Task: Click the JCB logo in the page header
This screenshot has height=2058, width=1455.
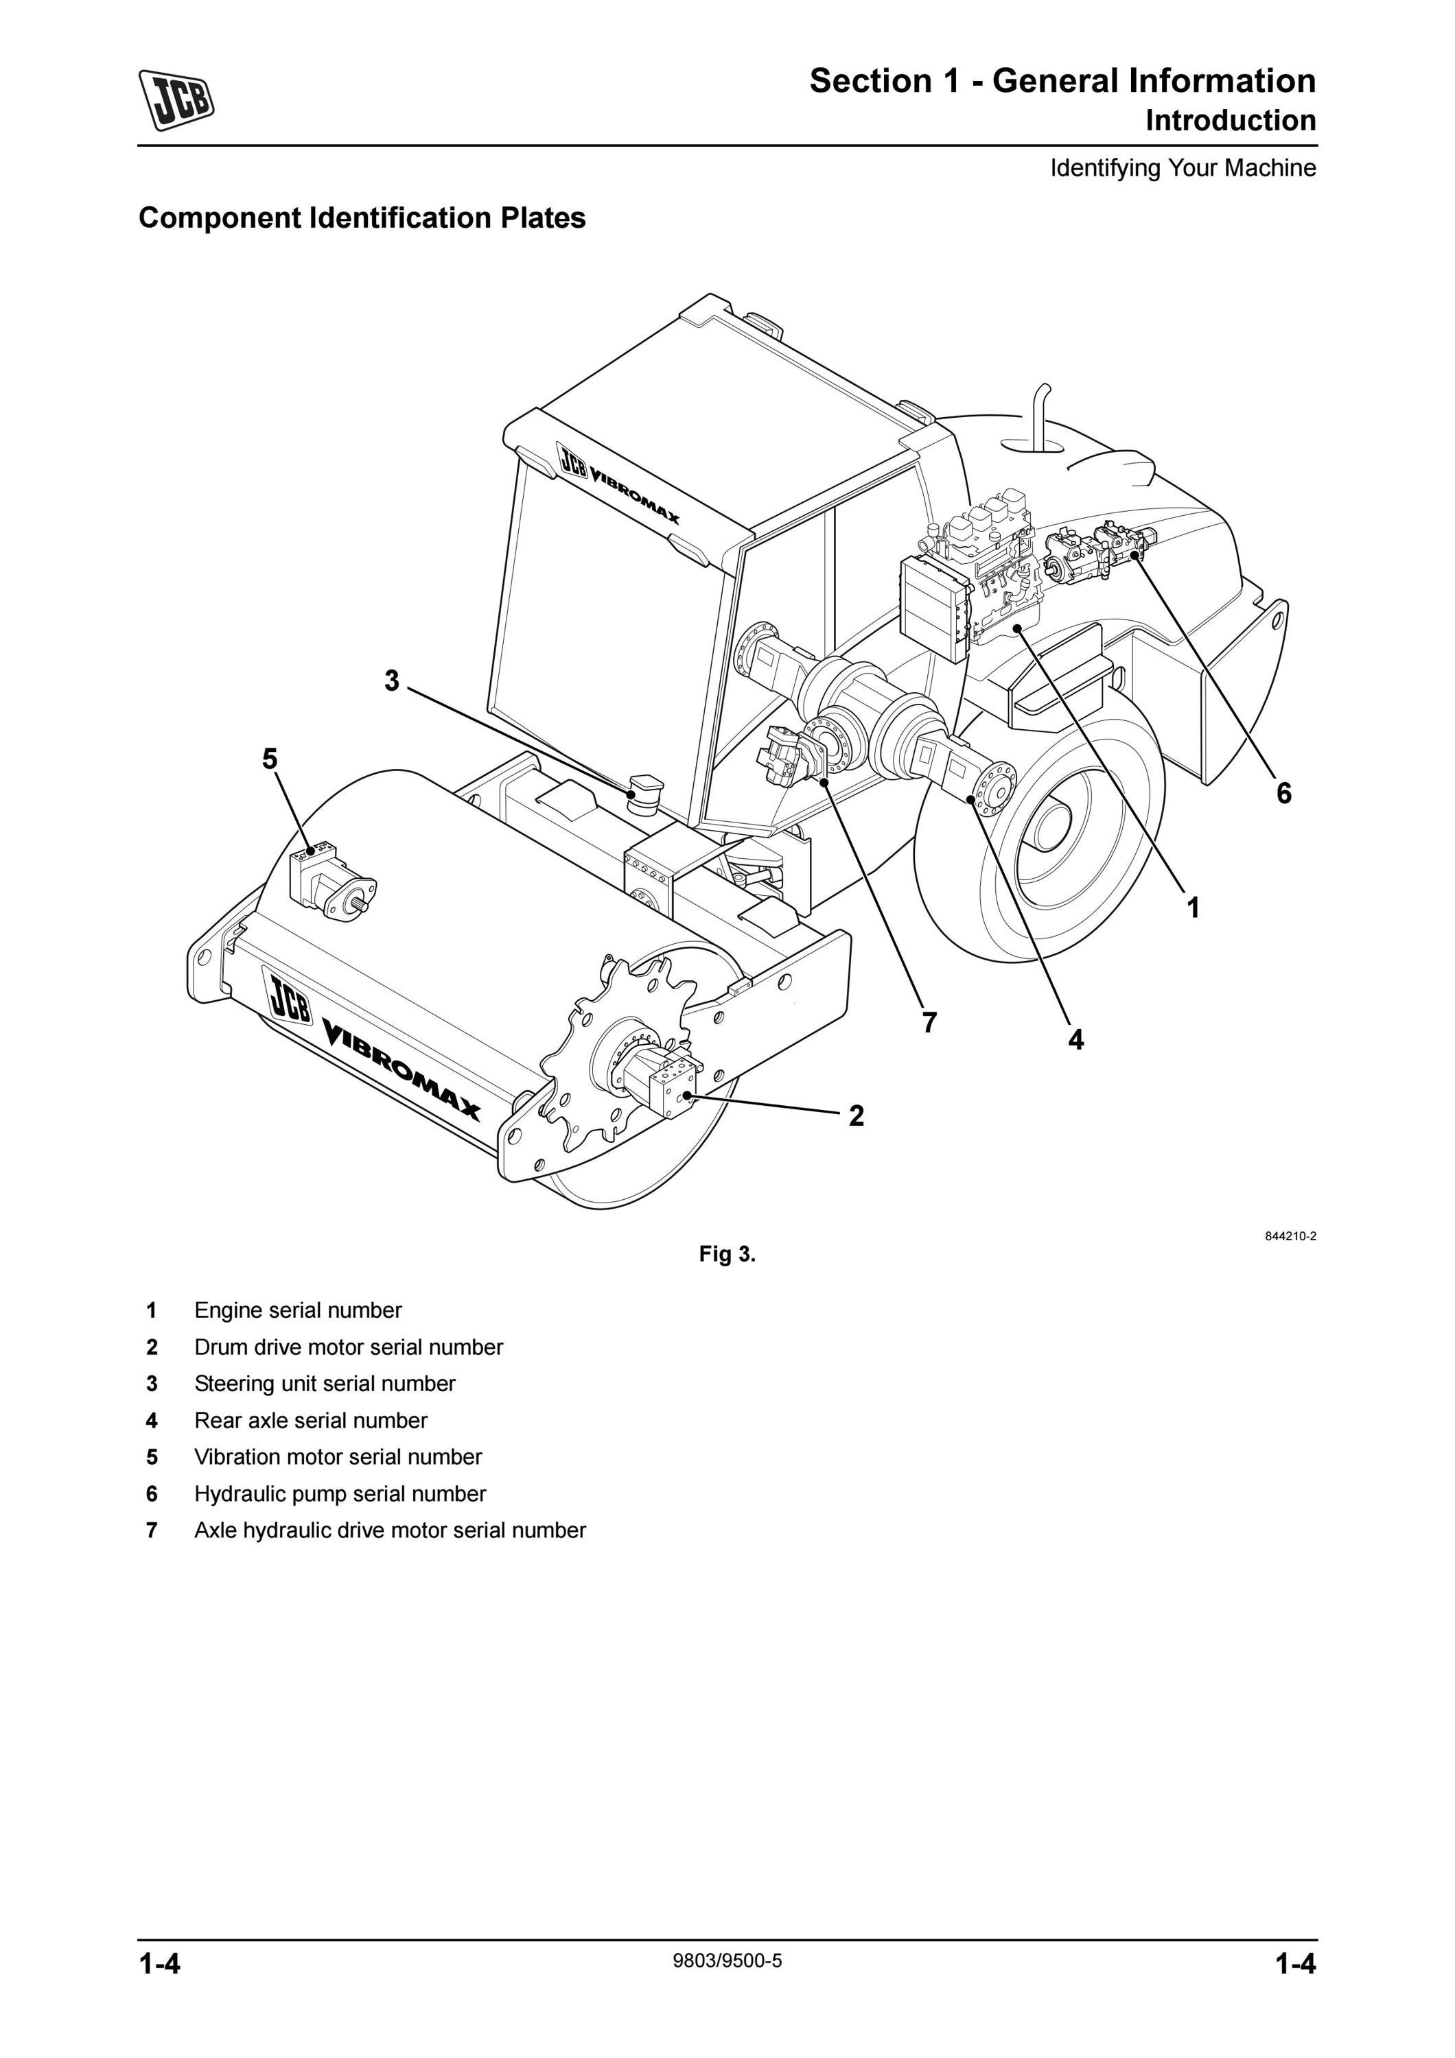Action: pyautogui.click(x=176, y=100)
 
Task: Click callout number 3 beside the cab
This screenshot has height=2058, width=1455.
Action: pyautogui.click(x=392, y=681)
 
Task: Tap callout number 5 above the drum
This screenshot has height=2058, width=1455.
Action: pyautogui.click(x=270, y=759)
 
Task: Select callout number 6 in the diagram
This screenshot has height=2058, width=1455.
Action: pyautogui.click(x=1284, y=792)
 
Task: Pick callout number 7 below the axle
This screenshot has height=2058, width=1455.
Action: pyautogui.click(x=930, y=1022)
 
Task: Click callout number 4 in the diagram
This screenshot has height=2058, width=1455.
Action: pyautogui.click(x=1075, y=1040)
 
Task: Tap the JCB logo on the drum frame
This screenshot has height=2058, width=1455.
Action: pyautogui.click(x=289, y=996)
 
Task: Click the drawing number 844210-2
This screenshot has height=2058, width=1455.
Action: pyautogui.click(x=1290, y=1236)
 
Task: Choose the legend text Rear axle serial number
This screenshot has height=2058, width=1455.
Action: pyautogui.click(x=310, y=1420)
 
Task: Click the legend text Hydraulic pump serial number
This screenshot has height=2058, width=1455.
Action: pyautogui.click(x=340, y=1493)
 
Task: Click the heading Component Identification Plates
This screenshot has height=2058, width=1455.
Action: pyautogui.click(x=362, y=218)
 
